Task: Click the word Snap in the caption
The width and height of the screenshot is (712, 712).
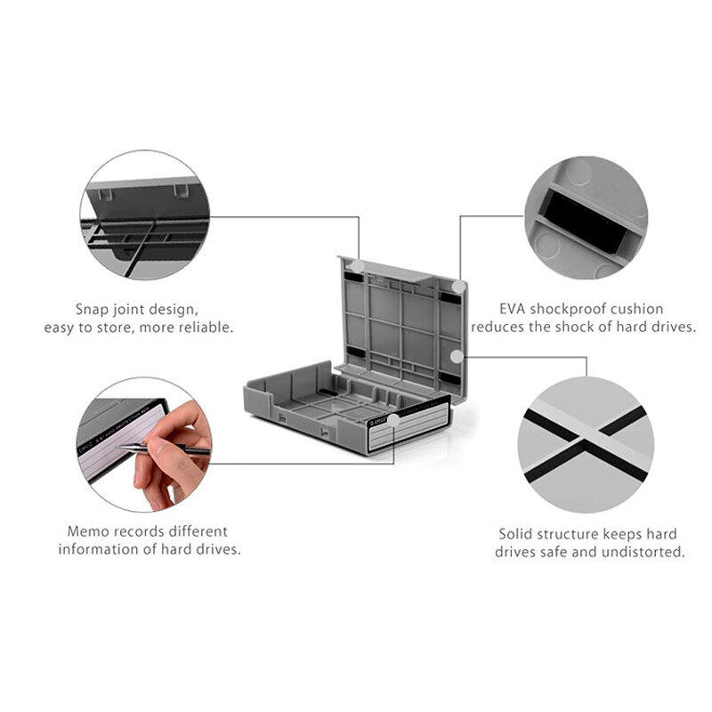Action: (x=93, y=310)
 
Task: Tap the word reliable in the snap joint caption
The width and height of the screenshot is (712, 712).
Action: (x=205, y=328)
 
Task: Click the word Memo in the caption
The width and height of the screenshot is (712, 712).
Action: (x=87, y=531)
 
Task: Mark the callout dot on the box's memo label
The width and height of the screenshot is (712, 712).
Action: (x=393, y=420)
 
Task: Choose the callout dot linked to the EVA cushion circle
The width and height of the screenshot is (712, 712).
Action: (x=457, y=287)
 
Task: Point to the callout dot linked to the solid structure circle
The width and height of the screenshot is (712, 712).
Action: (x=457, y=356)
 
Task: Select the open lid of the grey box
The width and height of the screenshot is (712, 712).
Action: (x=400, y=320)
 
